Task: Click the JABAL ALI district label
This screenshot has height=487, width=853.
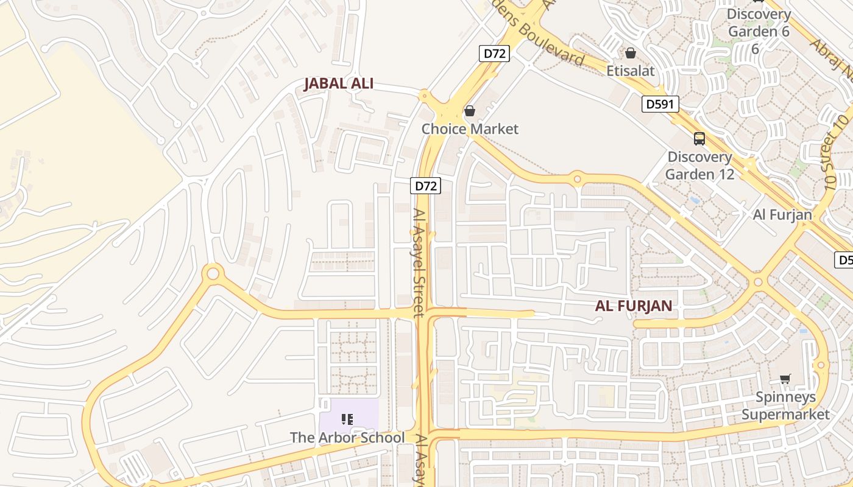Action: click(x=339, y=84)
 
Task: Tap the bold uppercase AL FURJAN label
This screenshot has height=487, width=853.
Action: click(x=634, y=306)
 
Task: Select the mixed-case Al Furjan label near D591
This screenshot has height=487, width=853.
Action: click(x=782, y=214)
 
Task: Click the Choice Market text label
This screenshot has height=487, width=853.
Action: click(x=470, y=129)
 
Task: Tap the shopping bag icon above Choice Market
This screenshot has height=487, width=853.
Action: click(x=470, y=111)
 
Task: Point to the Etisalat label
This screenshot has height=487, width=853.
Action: click(x=631, y=71)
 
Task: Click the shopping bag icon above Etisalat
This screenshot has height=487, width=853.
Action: click(x=631, y=53)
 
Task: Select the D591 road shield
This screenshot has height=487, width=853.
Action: click(x=660, y=105)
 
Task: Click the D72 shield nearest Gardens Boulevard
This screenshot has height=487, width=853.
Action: click(x=494, y=54)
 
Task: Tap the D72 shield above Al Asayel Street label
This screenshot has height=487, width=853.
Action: click(x=425, y=186)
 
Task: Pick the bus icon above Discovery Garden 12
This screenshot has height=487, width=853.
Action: click(x=699, y=139)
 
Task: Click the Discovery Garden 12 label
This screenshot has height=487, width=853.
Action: click(x=699, y=166)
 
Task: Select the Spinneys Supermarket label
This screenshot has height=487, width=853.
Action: click(x=785, y=406)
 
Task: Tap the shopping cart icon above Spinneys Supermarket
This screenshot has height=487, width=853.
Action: click(x=785, y=379)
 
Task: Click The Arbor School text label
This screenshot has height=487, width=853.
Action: click(x=347, y=438)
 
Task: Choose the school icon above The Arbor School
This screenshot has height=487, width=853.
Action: click(x=347, y=419)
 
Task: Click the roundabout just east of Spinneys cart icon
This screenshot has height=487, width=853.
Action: click(x=821, y=365)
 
